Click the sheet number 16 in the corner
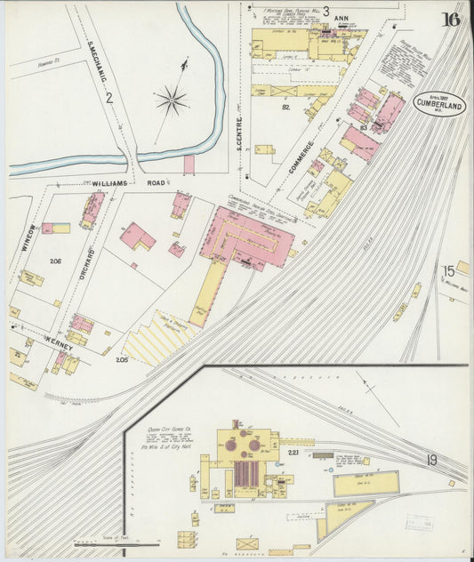[451, 20]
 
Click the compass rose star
[171, 100]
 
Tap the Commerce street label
[300, 158]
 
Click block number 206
[56, 261]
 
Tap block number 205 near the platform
[121, 359]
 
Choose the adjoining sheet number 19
[430, 460]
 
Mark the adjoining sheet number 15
[450, 271]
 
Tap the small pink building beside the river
[189, 165]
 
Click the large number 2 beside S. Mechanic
[108, 98]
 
